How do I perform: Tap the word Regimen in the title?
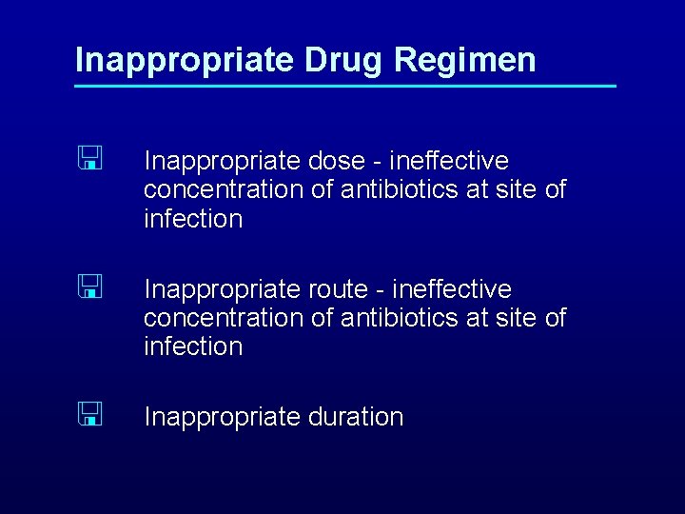(464, 60)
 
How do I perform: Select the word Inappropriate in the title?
(185, 60)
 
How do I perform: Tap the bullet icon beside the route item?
(90, 287)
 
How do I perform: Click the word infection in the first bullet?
(193, 219)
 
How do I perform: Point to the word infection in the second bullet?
(193, 346)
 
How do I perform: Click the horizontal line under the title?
(345, 88)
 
